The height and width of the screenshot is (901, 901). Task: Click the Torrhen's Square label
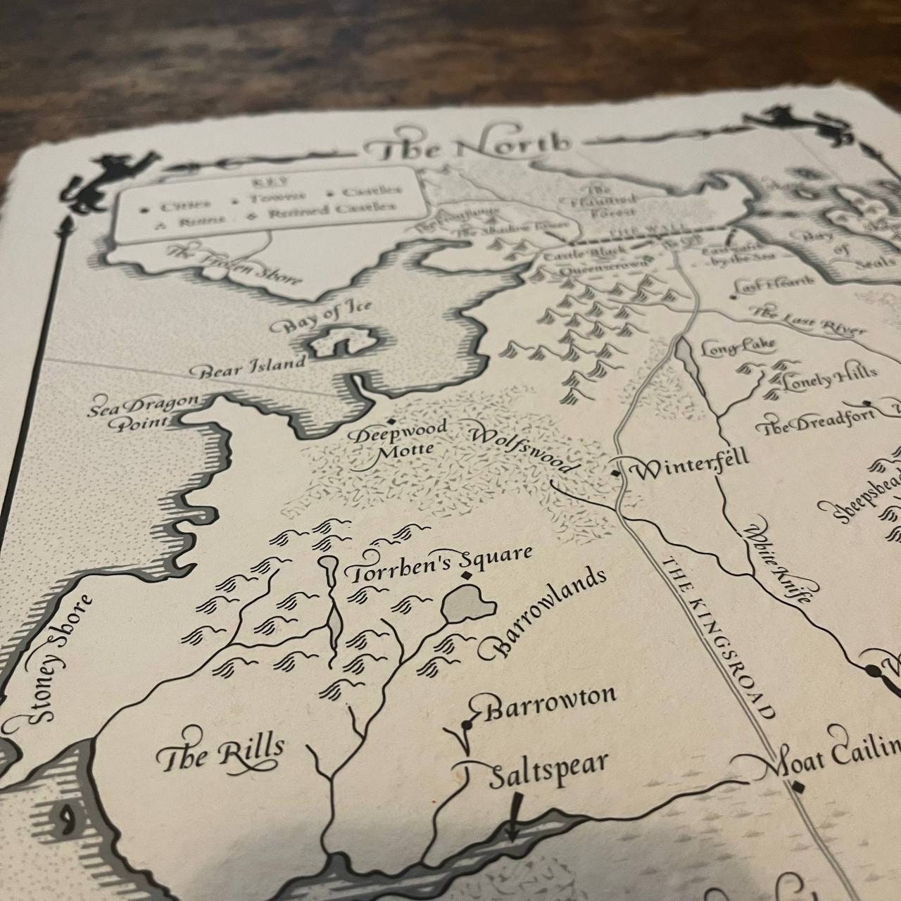point(437,564)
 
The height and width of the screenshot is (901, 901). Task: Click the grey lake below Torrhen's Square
point(467,605)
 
